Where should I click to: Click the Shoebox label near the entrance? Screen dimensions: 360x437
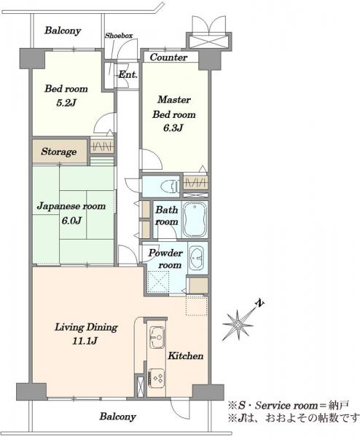tap(119, 36)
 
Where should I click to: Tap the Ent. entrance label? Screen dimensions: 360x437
tap(128, 75)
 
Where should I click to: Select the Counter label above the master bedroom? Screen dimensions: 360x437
tap(169, 58)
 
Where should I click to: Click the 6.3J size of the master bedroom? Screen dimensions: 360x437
tap(173, 128)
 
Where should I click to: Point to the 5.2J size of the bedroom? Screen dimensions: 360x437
tap(66, 103)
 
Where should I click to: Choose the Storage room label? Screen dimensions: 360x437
tap(59, 152)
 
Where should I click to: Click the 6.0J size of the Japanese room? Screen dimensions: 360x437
tap(71, 221)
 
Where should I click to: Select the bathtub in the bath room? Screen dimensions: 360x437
tap(195, 219)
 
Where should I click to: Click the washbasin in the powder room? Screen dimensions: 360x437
tap(197, 258)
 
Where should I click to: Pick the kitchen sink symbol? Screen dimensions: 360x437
tap(157, 337)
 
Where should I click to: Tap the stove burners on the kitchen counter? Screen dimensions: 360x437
tap(157, 378)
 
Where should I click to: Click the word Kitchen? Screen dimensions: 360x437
tap(185, 356)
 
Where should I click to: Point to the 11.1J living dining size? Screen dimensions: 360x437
tap(85, 341)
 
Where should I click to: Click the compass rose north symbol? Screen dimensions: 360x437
tap(238, 325)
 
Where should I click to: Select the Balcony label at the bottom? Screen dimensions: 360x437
tap(118, 417)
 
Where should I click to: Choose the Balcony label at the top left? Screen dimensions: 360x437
tap(63, 31)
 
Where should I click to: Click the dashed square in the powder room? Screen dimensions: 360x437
tap(158, 281)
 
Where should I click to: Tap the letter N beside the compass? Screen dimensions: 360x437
tap(260, 304)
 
